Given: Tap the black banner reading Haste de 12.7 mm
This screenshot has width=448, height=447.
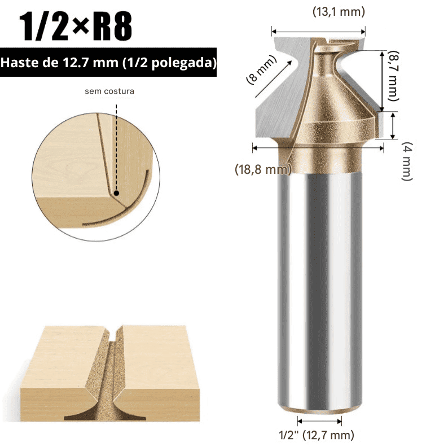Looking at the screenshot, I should [x=109, y=63].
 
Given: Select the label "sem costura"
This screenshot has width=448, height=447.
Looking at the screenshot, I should [x=109, y=91].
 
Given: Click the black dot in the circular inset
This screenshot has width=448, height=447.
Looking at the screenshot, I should [x=116, y=193].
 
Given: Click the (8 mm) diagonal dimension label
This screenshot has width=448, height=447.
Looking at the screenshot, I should [x=260, y=69].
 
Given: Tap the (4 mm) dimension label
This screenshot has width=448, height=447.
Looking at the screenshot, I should [x=406, y=162].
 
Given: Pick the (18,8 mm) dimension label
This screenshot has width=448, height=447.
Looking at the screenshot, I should [x=262, y=169].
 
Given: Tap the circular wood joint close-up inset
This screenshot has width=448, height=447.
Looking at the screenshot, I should [x=96, y=169].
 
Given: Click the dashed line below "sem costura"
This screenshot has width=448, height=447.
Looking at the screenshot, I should [x=116, y=141].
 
